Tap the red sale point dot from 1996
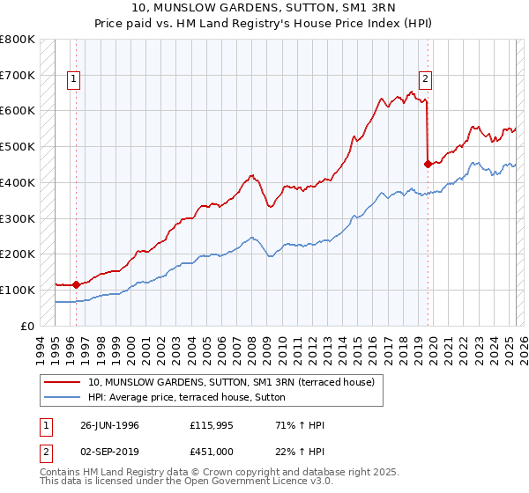[x=76, y=284]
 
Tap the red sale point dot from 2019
[x=428, y=163]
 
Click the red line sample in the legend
[x=63, y=382]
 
